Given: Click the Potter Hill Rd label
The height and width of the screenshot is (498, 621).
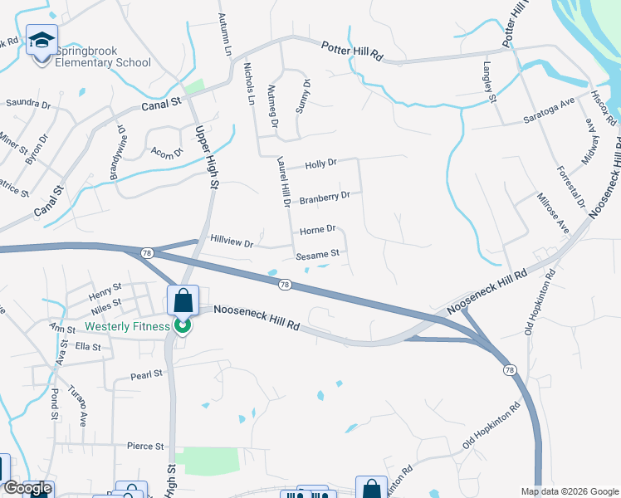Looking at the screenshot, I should pos(352,52).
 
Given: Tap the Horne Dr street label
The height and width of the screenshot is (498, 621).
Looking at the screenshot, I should pos(317,229).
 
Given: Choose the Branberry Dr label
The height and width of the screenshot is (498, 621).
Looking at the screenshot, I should pos(325,198).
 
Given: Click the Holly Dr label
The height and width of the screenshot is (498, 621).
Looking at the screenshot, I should pos(320,164).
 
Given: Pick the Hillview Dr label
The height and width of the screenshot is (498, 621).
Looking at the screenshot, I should pos(232,243).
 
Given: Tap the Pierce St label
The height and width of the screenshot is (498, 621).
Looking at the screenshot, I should pos(145,446).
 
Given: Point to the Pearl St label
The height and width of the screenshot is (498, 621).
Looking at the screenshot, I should pos(146,374).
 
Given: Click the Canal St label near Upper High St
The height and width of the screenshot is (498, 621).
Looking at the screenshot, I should pos(161,103).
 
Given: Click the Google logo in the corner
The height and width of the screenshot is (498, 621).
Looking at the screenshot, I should pos(27,489).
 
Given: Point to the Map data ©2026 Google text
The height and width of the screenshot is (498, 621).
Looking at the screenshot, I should pos(570,491).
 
